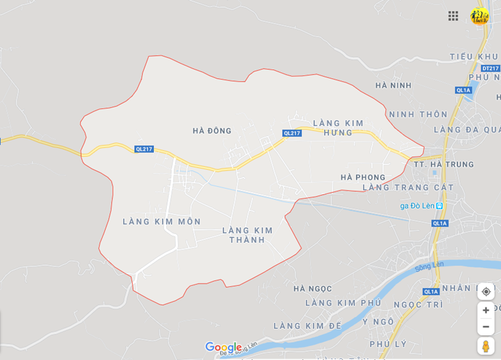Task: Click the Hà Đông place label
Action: point(212,131)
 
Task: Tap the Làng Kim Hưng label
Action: point(338,128)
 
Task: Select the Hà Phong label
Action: point(363,178)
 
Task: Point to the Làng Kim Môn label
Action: point(161,221)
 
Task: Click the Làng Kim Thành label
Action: point(247,235)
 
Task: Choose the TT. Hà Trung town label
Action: point(443,165)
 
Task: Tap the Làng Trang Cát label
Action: point(408,187)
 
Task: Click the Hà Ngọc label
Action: point(312,289)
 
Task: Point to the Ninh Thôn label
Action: point(418,114)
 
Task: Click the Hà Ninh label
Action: point(393,85)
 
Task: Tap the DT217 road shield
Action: point(490,68)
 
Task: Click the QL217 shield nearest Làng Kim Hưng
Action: point(291,133)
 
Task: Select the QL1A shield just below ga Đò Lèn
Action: point(440,223)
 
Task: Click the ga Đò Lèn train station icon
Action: point(439,206)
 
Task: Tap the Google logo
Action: point(223,348)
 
